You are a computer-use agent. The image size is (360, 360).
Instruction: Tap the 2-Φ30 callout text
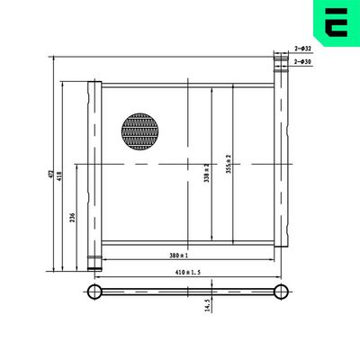coord(302,61)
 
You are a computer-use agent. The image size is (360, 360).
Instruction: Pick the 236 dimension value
coord(72,219)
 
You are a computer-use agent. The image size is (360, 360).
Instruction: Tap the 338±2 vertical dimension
coord(207,172)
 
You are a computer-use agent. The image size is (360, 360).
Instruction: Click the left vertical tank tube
coord(94,171)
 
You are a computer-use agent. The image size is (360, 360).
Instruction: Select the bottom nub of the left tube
coord(94,265)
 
